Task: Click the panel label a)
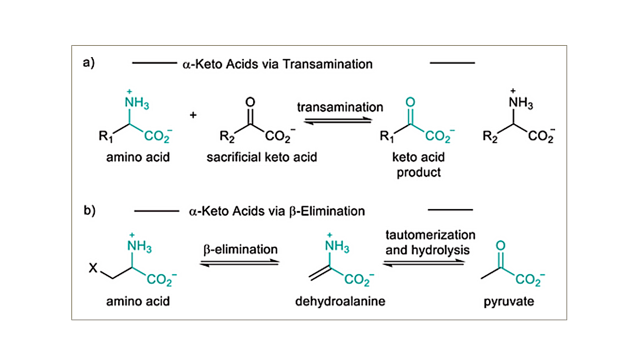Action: coord(88,63)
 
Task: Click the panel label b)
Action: coord(89,210)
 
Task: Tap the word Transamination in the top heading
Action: coord(328,64)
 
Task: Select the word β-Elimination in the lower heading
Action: coord(327,211)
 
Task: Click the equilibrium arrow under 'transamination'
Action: coord(338,121)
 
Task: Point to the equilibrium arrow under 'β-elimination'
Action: coord(239,263)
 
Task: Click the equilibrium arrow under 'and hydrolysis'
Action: coord(423,263)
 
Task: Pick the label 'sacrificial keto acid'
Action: coord(262,157)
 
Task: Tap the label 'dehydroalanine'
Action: coord(340,301)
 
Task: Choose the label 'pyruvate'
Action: coord(508,302)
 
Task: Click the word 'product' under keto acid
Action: coord(419,173)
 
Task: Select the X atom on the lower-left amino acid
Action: coord(93,268)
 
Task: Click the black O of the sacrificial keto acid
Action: coord(250,102)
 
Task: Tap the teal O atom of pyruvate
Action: coord(500,245)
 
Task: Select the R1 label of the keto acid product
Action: coord(387,137)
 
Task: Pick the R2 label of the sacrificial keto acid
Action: coord(227,137)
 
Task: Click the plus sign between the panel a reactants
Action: coord(193,115)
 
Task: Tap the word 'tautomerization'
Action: coord(430,235)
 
